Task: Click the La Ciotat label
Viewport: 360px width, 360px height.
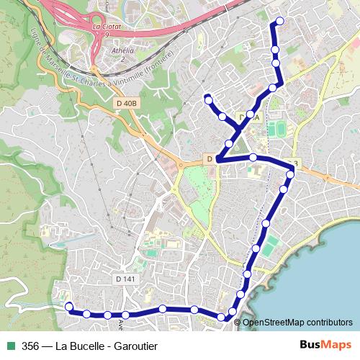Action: click(107, 27)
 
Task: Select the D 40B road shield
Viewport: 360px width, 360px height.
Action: click(126, 103)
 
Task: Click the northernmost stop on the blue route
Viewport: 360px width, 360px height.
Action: click(280, 21)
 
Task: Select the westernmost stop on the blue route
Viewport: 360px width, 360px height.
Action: click(69, 307)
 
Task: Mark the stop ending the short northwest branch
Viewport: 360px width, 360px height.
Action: click(207, 98)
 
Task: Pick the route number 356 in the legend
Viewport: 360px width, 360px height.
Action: click(31, 345)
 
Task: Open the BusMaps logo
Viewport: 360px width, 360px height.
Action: click(325, 344)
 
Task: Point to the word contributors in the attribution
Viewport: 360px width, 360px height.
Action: click(330, 322)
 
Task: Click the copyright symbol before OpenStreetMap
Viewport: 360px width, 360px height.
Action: click(238, 322)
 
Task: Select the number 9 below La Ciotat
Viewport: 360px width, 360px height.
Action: click(107, 35)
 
